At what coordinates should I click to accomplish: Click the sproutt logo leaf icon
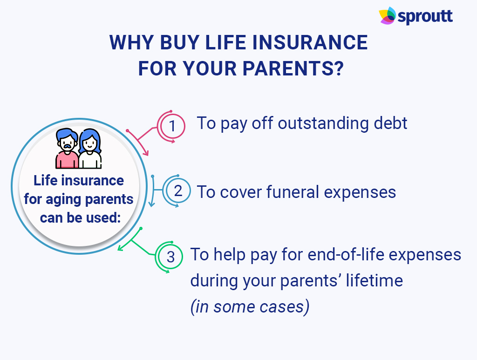(388, 15)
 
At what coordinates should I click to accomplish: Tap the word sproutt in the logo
(425, 16)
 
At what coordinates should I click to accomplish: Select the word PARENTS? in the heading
(293, 68)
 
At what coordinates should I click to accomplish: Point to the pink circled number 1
(172, 126)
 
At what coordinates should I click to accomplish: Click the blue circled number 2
(177, 191)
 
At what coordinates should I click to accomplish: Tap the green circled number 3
(170, 257)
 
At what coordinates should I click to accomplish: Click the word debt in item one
(390, 123)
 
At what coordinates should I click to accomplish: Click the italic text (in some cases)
(250, 306)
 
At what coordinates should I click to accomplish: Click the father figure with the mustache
(67, 149)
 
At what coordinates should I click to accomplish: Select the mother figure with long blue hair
(90, 149)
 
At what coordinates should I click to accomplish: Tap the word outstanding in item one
(323, 123)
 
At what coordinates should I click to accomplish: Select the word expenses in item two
(360, 193)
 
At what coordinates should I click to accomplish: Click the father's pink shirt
(67, 160)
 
